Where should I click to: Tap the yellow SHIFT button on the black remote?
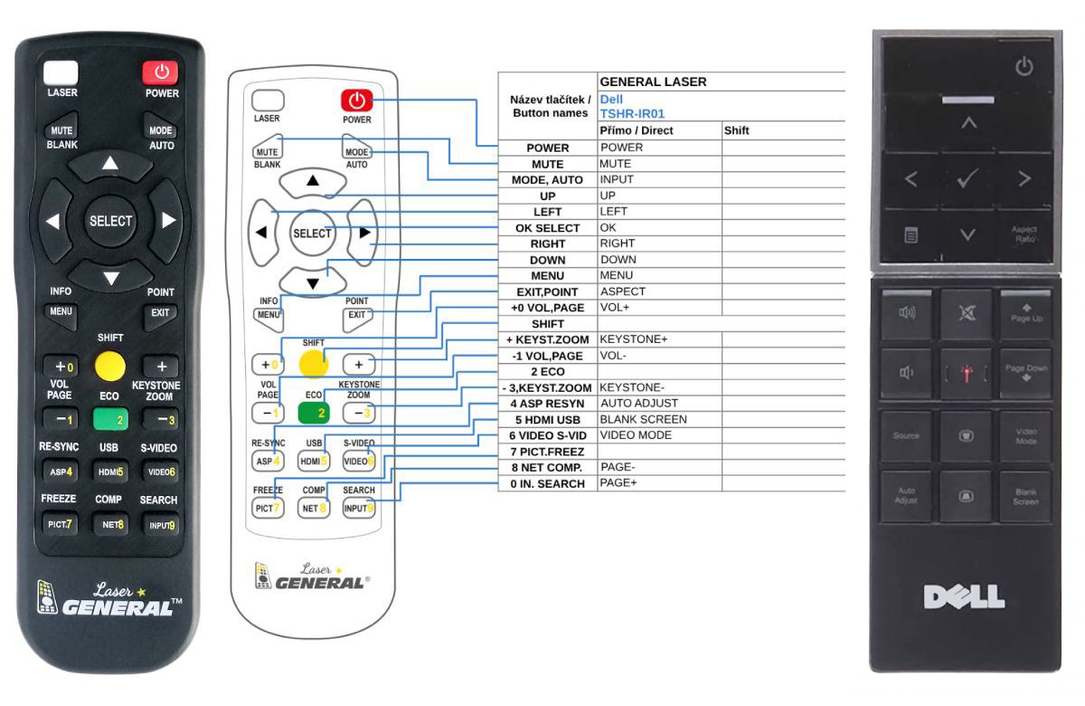(x=110, y=365)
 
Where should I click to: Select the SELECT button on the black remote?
(x=110, y=221)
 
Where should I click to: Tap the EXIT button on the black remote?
(x=160, y=313)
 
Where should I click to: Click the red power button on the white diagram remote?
(x=356, y=100)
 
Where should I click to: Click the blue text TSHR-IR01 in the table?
(x=632, y=114)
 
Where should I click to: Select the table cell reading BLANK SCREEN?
(x=643, y=419)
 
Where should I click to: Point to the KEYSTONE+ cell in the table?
(x=634, y=339)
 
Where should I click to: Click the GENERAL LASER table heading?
(x=653, y=81)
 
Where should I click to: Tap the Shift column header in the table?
(x=737, y=130)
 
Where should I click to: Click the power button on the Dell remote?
(x=1024, y=66)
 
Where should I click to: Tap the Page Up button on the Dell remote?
(x=1025, y=315)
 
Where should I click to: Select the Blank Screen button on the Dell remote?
(x=1025, y=497)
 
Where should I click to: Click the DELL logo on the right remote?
(x=964, y=596)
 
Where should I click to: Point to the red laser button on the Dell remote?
(x=966, y=375)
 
